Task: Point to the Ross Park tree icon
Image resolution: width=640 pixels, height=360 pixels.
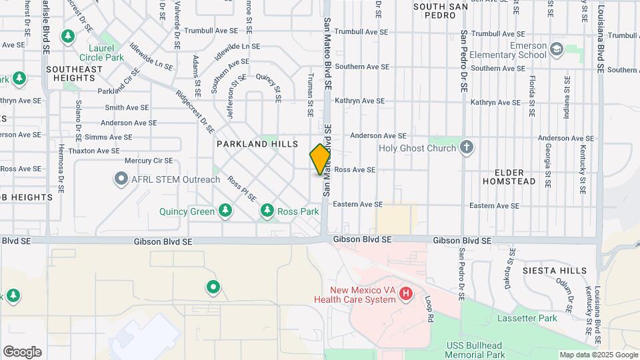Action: click(x=267, y=211)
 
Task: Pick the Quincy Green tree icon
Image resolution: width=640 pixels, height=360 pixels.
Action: click(x=225, y=211)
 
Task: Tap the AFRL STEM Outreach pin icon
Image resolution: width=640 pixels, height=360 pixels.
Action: click(x=121, y=179)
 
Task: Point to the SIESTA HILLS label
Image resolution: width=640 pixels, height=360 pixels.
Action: click(x=555, y=271)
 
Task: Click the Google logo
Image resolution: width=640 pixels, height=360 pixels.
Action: click(x=22, y=352)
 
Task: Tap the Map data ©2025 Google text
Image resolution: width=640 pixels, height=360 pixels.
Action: click(x=597, y=355)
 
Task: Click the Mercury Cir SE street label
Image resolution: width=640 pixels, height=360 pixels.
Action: click(x=149, y=161)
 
